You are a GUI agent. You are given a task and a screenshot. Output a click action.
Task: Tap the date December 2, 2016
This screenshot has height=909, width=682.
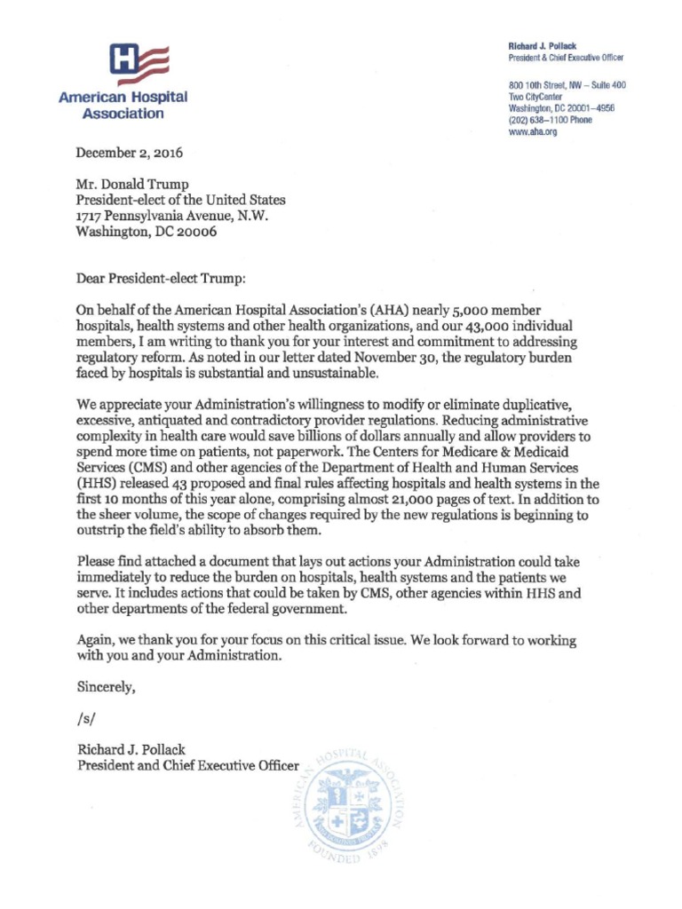[130, 153]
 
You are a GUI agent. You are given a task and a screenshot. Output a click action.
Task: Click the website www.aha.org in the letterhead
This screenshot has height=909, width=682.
[533, 131]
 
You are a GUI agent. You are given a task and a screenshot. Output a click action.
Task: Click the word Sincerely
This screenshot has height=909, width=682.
[107, 686]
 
